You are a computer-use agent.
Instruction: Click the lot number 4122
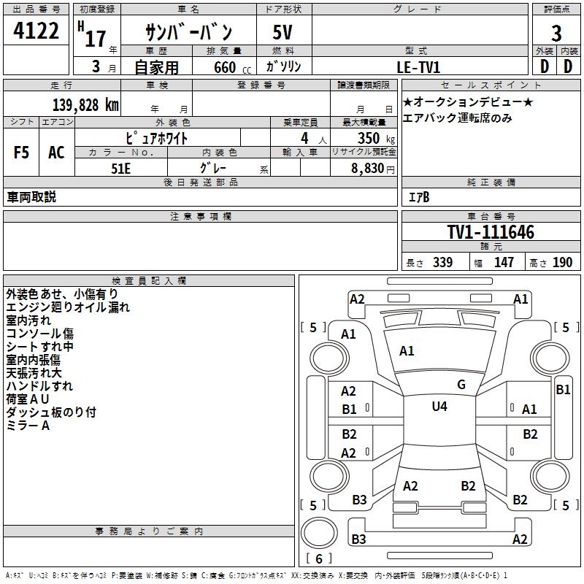tap(36, 31)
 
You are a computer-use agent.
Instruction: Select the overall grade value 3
tap(556, 34)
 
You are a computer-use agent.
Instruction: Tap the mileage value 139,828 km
tap(85, 104)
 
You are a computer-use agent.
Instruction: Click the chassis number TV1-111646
tap(491, 231)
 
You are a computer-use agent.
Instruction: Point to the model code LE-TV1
tap(418, 67)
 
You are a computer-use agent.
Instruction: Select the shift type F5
tap(21, 153)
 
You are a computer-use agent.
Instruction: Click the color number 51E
tap(120, 169)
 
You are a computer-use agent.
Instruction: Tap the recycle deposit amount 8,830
tap(368, 169)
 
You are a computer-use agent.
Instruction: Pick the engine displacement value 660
tap(225, 67)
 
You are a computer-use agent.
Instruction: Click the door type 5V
tap(283, 32)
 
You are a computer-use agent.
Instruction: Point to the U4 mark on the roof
tap(439, 407)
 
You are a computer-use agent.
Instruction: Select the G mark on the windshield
tap(461, 385)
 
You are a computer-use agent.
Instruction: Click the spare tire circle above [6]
tap(319, 533)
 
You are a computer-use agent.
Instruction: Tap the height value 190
tap(562, 262)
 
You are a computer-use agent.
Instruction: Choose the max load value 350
tap(369, 138)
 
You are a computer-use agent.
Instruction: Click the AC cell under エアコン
tap(56, 153)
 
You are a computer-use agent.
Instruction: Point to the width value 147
tap(504, 262)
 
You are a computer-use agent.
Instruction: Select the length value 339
tap(443, 262)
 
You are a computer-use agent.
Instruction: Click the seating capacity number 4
tap(304, 138)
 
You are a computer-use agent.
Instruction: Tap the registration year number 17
tap(96, 39)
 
